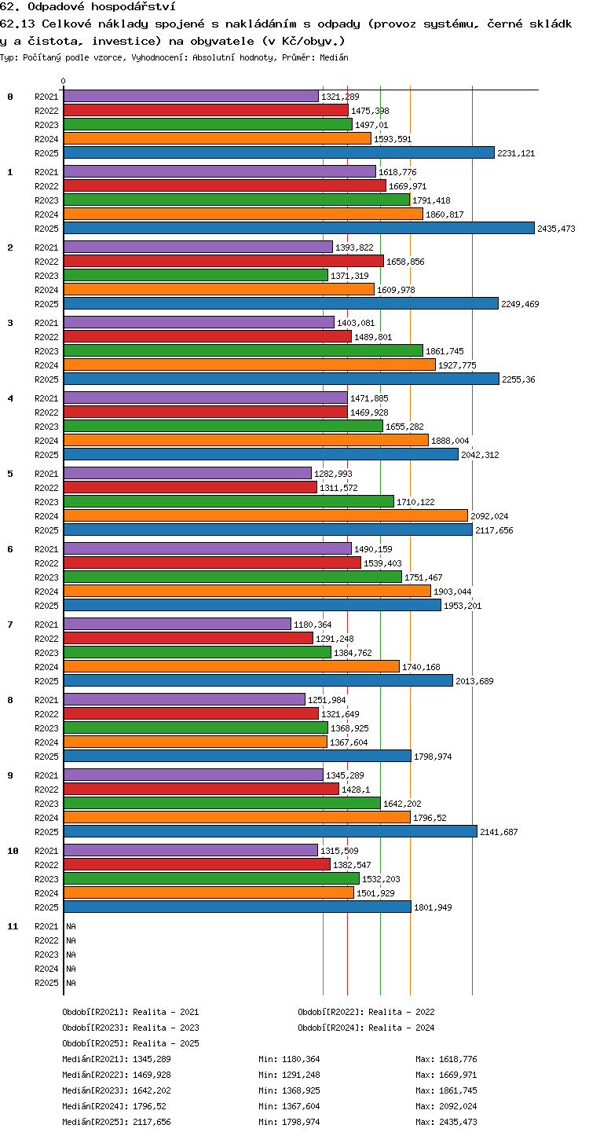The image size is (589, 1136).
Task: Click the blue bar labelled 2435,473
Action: point(299,228)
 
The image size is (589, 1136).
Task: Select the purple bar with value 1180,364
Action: point(177,624)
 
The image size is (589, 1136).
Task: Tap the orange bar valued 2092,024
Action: point(265,516)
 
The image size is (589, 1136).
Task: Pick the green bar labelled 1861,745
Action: point(243,350)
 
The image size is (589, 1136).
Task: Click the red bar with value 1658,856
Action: point(224,261)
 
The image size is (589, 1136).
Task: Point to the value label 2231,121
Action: point(516,153)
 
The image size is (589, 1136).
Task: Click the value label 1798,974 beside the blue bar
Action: point(433,757)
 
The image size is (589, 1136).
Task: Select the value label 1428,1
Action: point(356,790)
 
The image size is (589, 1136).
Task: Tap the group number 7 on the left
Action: point(10,625)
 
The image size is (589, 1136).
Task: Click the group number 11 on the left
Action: point(13,926)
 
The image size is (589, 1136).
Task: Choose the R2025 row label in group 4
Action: point(46,455)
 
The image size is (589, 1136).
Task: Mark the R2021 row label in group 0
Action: point(46,97)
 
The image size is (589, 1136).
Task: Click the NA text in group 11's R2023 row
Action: point(71,955)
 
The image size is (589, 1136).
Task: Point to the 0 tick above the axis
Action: point(64,81)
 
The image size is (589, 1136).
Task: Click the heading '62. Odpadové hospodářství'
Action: point(88,6)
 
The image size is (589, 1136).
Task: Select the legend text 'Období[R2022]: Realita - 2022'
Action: point(366,1012)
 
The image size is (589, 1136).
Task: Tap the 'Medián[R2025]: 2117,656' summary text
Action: point(116,1122)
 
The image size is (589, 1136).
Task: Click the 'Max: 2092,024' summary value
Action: point(446,1106)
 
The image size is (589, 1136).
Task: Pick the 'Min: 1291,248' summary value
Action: point(289,1075)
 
